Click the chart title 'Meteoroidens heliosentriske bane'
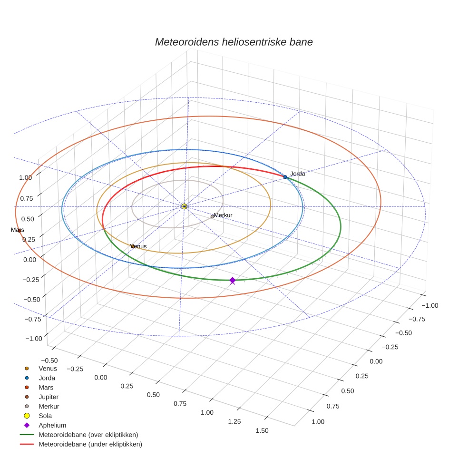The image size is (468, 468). (234, 42)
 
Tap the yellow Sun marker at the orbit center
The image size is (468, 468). (184, 206)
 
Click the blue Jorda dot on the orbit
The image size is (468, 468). (285, 177)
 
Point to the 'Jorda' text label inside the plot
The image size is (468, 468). (298, 174)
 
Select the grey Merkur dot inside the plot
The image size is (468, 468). (212, 216)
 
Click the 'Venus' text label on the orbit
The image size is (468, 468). (139, 246)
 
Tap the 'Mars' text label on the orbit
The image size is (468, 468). (18, 230)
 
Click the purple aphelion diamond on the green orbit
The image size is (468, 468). (232, 281)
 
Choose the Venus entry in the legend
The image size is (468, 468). (48, 369)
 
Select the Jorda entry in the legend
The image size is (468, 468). (47, 378)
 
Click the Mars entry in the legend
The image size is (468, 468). (46, 388)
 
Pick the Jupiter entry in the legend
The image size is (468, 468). (49, 397)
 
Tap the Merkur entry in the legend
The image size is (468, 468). (49, 406)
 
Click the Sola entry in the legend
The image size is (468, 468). (45, 416)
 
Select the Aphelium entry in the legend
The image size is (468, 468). (52, 425)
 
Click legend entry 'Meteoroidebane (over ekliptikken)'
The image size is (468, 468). (88, 435)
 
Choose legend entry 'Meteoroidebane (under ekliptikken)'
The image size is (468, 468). (90, 444)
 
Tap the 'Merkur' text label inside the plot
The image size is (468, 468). (223, 215)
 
